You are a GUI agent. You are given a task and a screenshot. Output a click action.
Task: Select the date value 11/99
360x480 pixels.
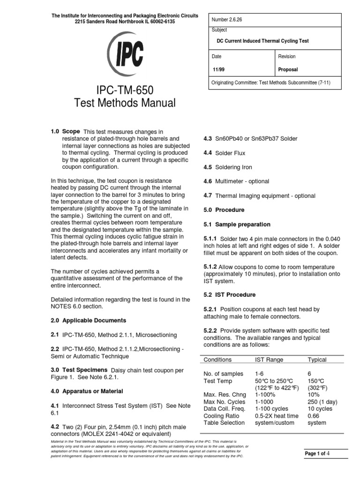tap(218, 69)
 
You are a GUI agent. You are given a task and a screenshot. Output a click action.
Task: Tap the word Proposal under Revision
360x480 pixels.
tap(288, 69)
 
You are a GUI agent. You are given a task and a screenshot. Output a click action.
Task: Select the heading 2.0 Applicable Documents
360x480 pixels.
tap(88, 321)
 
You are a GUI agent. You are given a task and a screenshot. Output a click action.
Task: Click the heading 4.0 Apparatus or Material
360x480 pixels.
tap(87, 391)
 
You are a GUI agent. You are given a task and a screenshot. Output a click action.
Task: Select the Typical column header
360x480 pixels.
tap(317, 360)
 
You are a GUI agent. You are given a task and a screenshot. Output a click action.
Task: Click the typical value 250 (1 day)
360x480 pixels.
tap(322, 402)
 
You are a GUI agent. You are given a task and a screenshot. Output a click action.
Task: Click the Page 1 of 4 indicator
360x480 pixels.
tap(318, 454)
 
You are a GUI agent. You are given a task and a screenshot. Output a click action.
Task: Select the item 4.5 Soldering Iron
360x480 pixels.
tap(227, 167)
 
